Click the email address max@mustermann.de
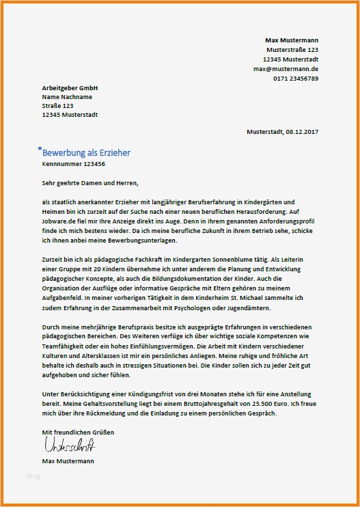[x=286, y=70]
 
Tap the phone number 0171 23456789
[x=295, y=79]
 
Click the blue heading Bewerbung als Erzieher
[x=86, y=153]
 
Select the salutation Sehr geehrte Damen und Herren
[x=89, y=183]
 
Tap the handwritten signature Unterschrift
[x=69, y=446]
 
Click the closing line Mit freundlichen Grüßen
[x=78, y=433]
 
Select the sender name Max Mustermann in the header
[x=292, y=40]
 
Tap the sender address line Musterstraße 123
[x=292, y=50]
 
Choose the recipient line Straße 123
[x=57, y=106]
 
